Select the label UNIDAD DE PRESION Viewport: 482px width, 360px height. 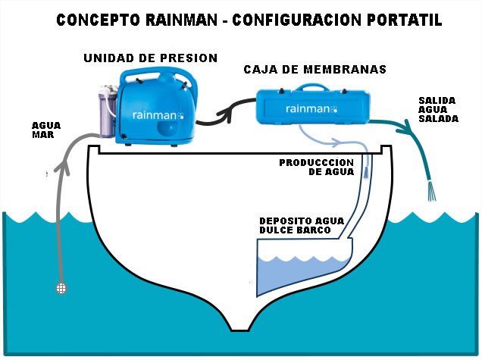[150, 58]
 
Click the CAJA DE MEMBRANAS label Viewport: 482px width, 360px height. [315, 69]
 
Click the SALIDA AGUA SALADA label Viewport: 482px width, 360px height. [438, 109]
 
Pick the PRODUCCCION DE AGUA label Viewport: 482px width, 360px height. [316, 167]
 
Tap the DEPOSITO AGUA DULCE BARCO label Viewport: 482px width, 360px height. [301, 225]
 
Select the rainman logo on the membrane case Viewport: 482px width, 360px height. [311, 108]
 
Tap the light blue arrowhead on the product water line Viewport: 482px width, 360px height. [337, 141]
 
